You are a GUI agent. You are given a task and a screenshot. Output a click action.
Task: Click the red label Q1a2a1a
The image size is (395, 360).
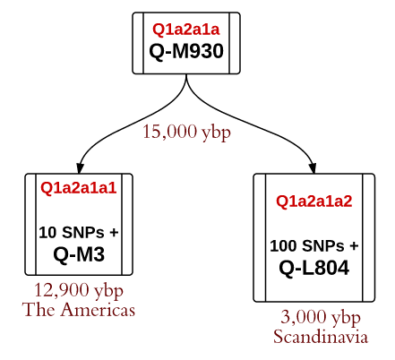(186, 30)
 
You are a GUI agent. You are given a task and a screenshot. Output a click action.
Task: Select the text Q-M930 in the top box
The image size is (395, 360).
(186, 51)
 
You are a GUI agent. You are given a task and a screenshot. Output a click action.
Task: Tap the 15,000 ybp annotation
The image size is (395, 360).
(186, 132)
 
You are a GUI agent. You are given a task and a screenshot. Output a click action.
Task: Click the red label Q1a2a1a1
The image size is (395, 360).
(79, 188)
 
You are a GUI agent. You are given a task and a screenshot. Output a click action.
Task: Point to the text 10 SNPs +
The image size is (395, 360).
(79, 232)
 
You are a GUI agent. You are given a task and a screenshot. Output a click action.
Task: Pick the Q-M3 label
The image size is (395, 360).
(79, 254)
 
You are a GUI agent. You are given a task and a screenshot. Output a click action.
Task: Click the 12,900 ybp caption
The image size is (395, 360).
(79, 290)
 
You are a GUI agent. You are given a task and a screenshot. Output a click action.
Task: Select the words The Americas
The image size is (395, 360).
(78, 309)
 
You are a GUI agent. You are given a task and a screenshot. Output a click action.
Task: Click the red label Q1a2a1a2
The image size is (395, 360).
(314, 201)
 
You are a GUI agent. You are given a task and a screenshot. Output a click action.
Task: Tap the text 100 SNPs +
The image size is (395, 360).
(314, 246)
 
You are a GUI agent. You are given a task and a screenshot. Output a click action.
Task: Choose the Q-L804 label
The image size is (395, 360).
(314, 268)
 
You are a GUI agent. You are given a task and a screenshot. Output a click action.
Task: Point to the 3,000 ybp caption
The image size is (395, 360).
(321, 317)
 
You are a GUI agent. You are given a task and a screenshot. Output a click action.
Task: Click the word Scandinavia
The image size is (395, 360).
(321, 337)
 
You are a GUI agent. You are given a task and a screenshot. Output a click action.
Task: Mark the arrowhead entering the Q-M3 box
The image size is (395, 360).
(80, 168)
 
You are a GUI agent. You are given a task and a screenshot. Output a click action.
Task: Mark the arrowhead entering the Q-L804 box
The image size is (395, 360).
(313, 168)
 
